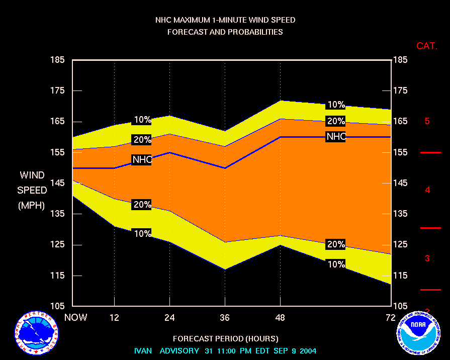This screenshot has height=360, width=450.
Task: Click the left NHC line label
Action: (142, 159)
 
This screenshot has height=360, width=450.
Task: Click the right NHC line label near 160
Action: (336, 136)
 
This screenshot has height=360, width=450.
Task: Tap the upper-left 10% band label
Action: (142, 120)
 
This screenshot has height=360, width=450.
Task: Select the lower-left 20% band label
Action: (142, 204)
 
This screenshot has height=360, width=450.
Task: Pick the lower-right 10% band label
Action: (336, 264)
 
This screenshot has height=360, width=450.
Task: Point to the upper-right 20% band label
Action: (336, 121)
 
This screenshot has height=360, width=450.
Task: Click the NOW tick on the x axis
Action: (75, 317)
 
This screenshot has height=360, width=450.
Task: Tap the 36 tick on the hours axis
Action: (225, 317)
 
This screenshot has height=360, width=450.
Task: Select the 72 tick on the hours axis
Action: (391, 317)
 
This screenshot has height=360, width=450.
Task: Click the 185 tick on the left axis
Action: (58, 60)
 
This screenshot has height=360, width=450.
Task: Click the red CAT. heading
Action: (427, 46)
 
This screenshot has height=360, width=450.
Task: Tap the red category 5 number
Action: (427, 121)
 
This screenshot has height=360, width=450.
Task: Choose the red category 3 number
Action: (427, 258)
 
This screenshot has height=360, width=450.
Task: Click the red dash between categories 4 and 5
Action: (430, 152)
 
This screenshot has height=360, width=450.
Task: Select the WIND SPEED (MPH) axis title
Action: (32, 190)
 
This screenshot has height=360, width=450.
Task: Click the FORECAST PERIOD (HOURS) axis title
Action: (225, 338)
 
